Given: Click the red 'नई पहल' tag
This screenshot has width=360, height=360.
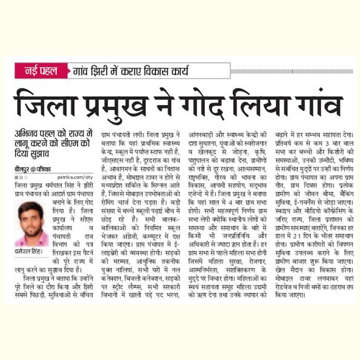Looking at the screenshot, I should click(x=41, y=70).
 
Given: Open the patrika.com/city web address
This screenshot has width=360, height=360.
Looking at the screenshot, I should click(x=75, y=177).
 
